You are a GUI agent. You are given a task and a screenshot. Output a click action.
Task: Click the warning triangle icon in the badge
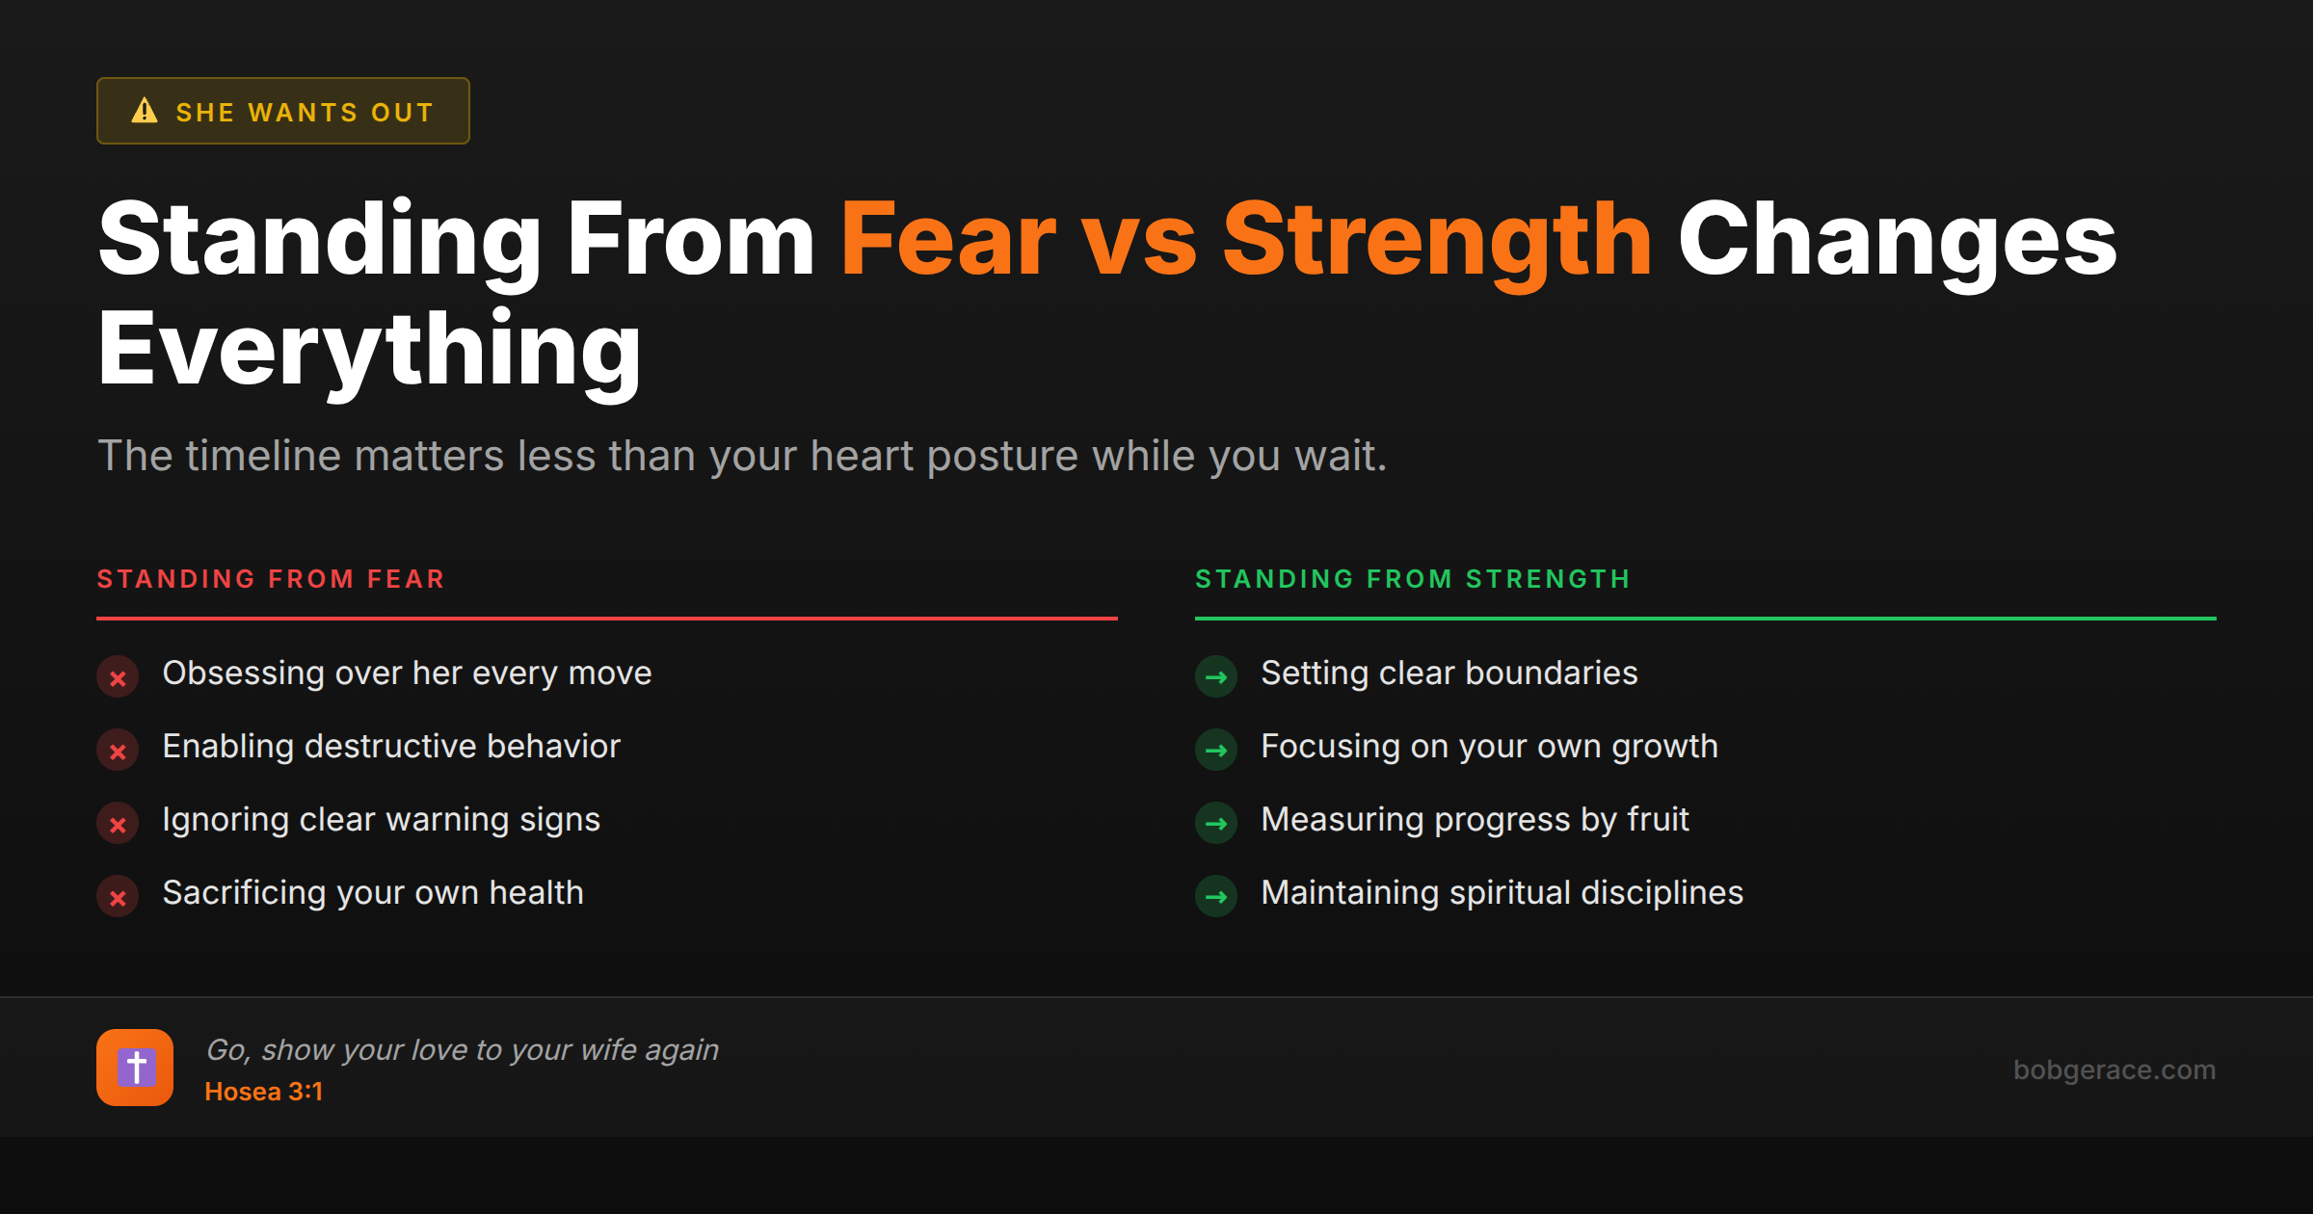pos(145,111)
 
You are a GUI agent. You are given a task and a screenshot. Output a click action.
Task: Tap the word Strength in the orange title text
pos(1437,241)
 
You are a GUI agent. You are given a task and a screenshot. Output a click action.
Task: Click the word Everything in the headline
pos(369,350)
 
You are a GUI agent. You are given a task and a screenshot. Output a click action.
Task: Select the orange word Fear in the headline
pos(948,241)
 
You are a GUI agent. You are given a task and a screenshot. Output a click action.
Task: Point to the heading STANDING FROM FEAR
pos(271,579)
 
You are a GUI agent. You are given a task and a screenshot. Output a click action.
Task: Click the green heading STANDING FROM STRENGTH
pos(1413,579)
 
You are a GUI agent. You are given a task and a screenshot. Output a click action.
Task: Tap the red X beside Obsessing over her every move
pos(118,677)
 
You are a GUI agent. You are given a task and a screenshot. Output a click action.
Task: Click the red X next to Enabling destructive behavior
pos(118,751)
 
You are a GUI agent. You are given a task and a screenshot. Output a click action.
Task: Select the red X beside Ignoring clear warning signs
pos(118,824)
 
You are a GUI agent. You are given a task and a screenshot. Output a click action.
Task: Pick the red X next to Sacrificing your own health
pos(118,897)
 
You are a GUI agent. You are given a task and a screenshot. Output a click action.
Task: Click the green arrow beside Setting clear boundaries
pos(1216,677)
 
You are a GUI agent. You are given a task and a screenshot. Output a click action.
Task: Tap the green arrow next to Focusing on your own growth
pos(1216,751)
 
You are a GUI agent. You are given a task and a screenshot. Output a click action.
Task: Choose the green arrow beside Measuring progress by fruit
pos(1216,824)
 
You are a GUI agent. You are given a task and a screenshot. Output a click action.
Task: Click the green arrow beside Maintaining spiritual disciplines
pos(1216,897)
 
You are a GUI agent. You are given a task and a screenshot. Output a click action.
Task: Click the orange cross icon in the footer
pos(135,1068)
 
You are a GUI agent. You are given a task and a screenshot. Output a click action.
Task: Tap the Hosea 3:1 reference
pos(264,1092)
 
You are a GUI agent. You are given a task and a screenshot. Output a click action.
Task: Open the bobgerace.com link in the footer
pos(2114,1069)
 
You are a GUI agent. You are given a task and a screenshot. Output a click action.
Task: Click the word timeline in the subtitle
pos(263,456)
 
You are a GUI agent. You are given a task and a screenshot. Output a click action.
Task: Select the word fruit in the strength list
pos(1658,820)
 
